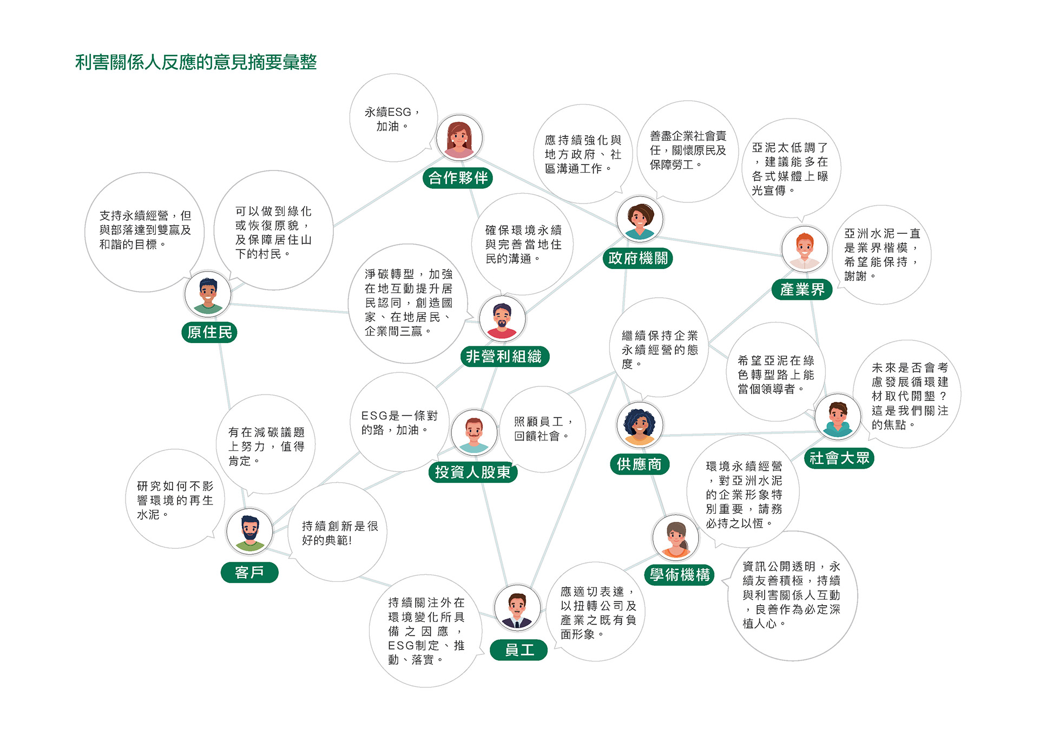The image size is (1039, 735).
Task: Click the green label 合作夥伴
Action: click(x=457, y=178)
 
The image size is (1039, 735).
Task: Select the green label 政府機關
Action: click(x=637, y=258)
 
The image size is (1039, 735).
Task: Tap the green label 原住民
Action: click(x=209, y=332)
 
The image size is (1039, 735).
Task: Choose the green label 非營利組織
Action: click(x=504, y=356)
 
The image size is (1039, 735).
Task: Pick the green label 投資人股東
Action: click(x=473, y=472)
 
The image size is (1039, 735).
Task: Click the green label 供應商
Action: click(x=640, y=464)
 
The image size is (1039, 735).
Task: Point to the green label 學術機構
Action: click(x=680, y=574)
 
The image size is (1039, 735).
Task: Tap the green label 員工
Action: click(x=519, y=650)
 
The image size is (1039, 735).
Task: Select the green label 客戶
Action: click(x=249, y=572)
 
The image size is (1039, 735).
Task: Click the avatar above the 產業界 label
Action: click(x=805, y=250)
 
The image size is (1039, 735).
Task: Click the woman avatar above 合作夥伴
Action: click(x=459, y=138)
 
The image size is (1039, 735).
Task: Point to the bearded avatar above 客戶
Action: click(x=249, y=531)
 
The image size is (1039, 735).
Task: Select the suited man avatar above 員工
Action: click(x=517, y=608)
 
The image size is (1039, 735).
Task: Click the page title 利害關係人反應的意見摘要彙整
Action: click(x=196, y=62)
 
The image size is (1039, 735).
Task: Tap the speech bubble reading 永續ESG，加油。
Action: click(x=393, y=118)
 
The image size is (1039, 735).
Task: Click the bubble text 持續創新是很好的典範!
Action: click(x=339, y=533)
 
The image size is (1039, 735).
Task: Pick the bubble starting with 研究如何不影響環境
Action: click(x=175, y=499)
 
